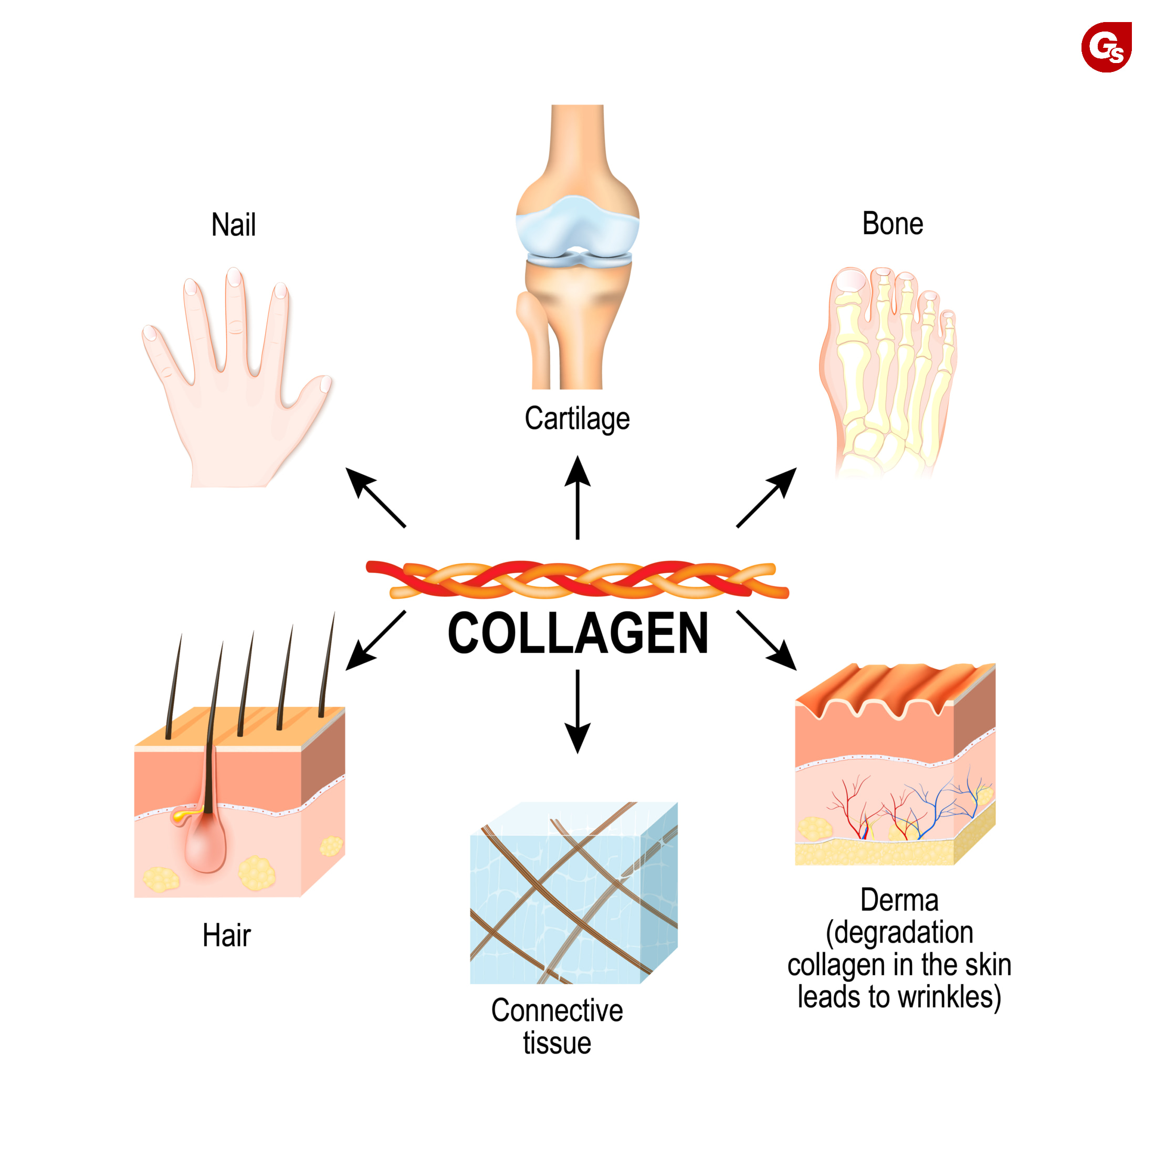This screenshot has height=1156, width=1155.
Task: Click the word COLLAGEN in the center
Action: [x=578, y=633]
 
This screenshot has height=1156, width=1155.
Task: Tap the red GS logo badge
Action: [x=1106, y=47]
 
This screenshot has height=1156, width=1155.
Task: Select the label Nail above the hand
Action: [x=233, y=225]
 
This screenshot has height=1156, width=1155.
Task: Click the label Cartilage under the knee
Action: [x=577, y=418]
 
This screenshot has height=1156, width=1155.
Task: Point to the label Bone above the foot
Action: [x=892, y=224]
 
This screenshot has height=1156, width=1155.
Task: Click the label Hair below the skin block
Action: [x=226, y=935]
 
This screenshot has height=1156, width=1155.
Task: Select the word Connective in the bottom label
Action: [x=557, y=1011]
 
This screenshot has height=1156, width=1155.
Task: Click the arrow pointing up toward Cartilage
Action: [x=578, y=497]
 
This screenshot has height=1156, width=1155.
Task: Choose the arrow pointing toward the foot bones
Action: [x=768, y=497]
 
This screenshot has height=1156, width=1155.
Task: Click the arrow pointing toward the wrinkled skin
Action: [x=768, y=641]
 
